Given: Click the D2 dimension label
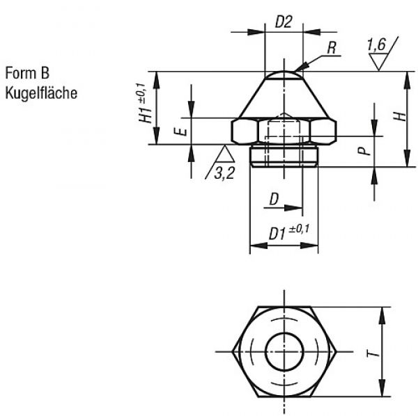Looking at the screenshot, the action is (284, 22).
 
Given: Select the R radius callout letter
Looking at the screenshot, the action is (332, 48).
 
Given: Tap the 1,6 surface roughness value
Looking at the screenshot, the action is (376, 45).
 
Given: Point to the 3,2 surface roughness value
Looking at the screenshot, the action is (224, 173).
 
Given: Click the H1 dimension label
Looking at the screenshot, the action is (146, 115).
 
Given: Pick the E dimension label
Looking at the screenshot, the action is (182, 131).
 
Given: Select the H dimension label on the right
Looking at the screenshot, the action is (400, 117).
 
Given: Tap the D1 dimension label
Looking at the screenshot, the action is (277, 234).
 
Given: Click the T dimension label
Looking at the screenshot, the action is (373, 353).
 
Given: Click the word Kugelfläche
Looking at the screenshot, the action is (41, 93).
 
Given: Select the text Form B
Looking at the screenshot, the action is (27, 72).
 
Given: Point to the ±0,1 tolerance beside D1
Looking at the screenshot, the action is (299, 229).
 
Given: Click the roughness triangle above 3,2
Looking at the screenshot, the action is (225, 154).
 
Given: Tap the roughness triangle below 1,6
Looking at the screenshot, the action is (378, 62).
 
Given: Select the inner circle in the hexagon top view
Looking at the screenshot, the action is (284, 351).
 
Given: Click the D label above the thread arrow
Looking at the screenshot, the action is (274, 199).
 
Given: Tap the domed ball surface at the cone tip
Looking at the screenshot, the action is (284, 75).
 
